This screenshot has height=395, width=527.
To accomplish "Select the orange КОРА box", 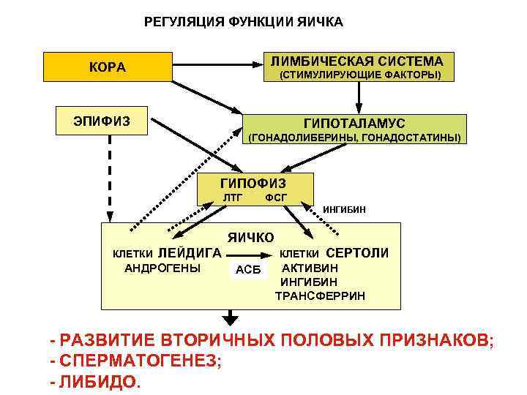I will click(x=108, y=67).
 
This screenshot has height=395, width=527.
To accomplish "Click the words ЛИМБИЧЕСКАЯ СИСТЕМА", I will click(x=357, y=61).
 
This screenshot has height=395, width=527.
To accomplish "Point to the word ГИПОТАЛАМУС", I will click(x=354, y=124).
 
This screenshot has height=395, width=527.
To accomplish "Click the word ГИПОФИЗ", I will click(x=253, y=183).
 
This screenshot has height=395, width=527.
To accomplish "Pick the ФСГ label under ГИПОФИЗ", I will click(x=275, y=197).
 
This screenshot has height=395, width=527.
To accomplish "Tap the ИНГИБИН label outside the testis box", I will click(x=344, y=210).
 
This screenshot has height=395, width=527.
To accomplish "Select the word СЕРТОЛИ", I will click(x=357, y=253).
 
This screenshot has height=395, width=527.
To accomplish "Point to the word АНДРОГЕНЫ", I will click(x=163, y=268).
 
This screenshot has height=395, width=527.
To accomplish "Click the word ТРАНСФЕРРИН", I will click(x=320, y=296).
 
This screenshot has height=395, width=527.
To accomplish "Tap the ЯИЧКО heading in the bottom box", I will click(x=251, y=238).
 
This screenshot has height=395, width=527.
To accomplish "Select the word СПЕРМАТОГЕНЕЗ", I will click(x=138, y=361).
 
